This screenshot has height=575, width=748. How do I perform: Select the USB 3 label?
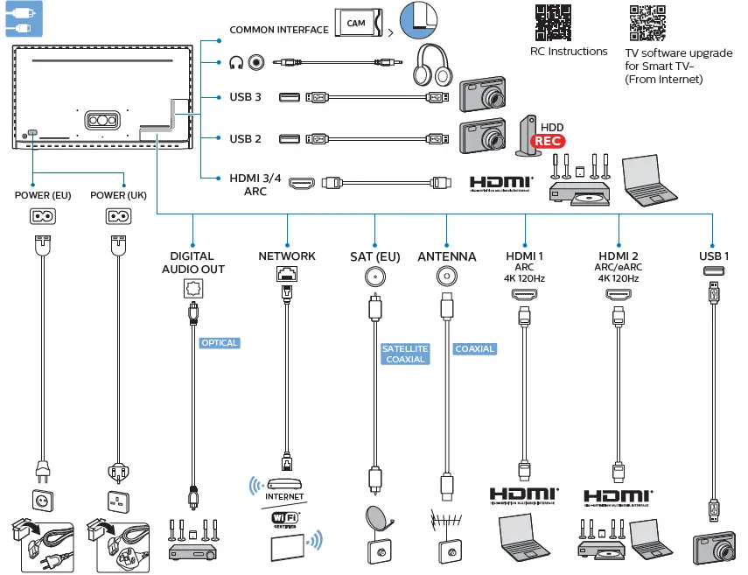click(x=246, y=97)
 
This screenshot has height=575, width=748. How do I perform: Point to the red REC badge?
click(x=549, y=140)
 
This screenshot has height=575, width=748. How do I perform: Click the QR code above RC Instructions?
click(x=553, y=23)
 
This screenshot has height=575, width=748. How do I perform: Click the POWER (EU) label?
click(x=44, y=195)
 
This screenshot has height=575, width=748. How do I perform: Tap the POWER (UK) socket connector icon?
click(x=118, y=216)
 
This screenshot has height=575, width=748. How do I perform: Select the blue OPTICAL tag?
click(x=219, y=343)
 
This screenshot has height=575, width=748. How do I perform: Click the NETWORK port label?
click(x=287, y=256)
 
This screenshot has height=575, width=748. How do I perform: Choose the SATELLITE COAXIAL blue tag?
click(x=404, y=354)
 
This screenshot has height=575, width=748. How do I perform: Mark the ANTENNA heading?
click(x=447, y=256)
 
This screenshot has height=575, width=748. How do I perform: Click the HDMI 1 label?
click(x=525, y=256)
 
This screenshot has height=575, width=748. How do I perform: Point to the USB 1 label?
click(x=714, y=256)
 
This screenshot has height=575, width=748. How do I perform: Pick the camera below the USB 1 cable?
click(x=716, y=550)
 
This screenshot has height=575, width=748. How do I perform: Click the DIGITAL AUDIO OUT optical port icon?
click(x=192, y=287)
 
